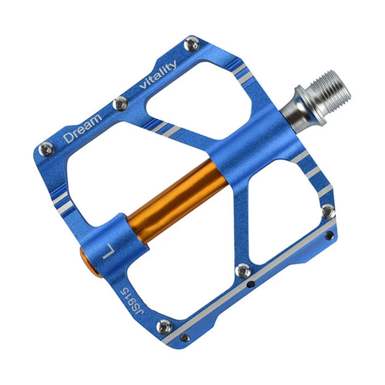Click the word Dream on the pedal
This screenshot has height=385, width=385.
coord(83,127)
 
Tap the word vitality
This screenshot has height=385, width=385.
coord(158,75)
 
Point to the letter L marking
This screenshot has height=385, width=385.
coord(109,252)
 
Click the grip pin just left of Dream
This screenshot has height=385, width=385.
coord(47,149)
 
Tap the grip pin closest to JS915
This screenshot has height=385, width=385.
coord(165,327)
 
